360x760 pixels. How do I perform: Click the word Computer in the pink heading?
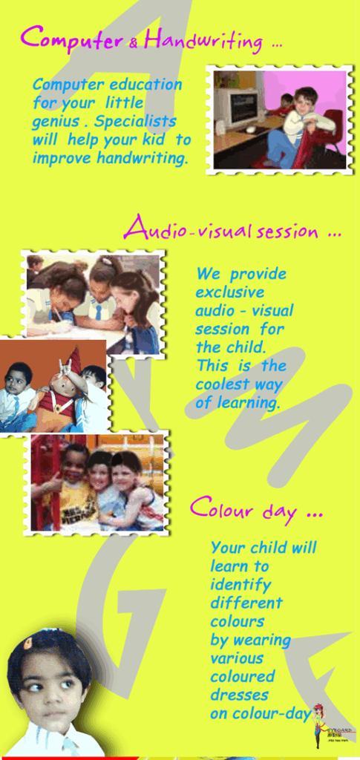pyautogui.click(x=71, y=38)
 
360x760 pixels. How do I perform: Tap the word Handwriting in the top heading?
pyautogui.click(x=203, y=39)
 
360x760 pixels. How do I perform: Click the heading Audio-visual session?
pyautogui.click(x=232, y=229)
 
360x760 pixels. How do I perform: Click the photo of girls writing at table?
pyautogui.click(x=93, y=304)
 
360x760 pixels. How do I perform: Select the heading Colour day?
pyautogui.click(x=255, y=510)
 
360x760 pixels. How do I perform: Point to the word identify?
pyautogui.click(x=240, y=584)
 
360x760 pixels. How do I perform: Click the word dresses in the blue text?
pyautogui.click(x=239, y=695)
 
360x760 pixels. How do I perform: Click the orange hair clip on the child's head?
pyautogui.click(x=28, y=644)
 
